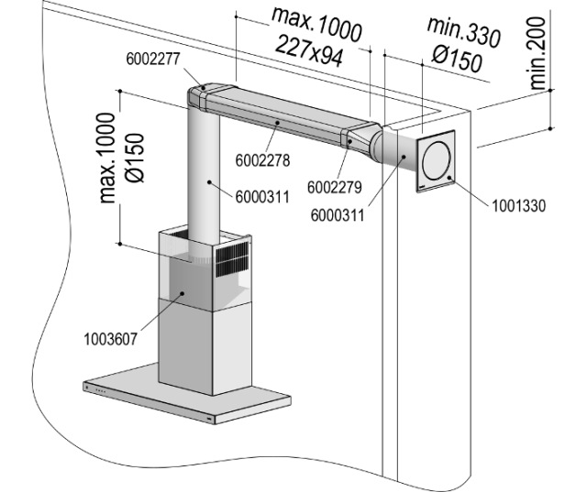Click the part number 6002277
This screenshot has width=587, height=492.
(153, 59)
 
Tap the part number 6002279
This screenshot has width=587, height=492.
(334, 186)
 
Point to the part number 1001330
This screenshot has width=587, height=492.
(519, 205)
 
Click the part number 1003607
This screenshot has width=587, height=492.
(106, 338)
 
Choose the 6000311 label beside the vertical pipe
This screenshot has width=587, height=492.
(261, 195)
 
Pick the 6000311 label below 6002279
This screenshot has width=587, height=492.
(337, 216)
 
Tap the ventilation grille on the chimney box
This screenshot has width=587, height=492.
(231, 259)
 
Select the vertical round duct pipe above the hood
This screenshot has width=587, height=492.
(204, 174)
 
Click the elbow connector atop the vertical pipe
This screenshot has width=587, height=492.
(204, 96)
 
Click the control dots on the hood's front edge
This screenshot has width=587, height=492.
(100, 391)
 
